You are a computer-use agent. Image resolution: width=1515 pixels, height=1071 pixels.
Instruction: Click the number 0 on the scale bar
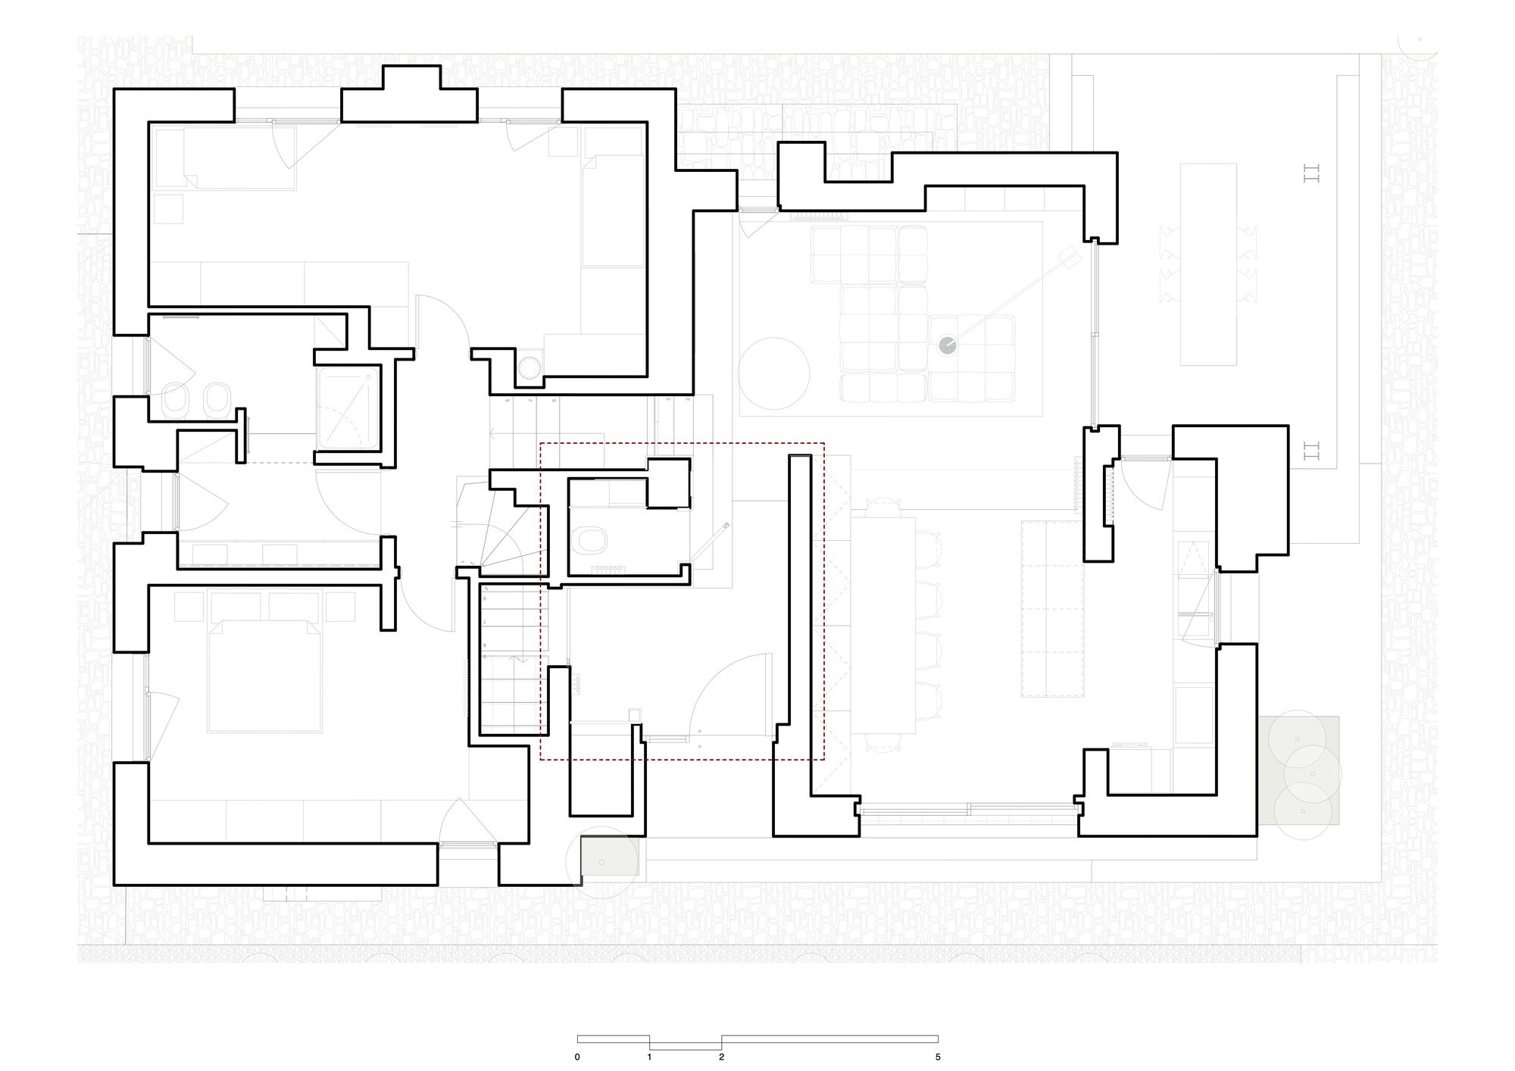coord(577,1057)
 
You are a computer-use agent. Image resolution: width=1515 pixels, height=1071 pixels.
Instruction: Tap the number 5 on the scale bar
coord(938,1057)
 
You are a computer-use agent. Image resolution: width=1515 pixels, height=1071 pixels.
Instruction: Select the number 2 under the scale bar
coord(721,1057)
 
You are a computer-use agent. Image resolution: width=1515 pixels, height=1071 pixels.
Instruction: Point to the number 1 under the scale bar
coord(649,1057)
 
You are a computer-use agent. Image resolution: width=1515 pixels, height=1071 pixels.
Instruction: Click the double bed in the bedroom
coord(264,674)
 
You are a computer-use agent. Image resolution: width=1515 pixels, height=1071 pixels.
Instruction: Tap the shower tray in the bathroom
coord(348,409)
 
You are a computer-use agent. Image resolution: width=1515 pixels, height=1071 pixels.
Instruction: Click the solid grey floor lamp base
coord(948,345)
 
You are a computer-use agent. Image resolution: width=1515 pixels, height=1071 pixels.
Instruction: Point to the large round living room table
coord(775,373)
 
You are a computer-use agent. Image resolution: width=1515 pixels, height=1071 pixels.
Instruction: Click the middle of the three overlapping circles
coord(1313,774)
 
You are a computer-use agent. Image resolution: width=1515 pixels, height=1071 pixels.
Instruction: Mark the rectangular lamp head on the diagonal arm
coord(1068,258)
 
